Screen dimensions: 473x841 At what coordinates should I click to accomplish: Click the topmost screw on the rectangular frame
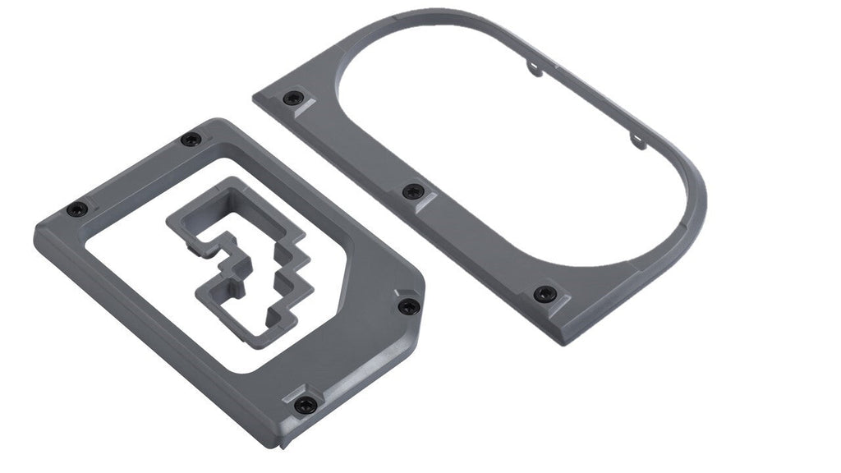point(191,140)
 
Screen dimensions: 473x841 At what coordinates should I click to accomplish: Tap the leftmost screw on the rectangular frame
point(76,209)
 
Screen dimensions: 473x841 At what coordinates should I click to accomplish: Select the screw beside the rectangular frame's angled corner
point(408,306)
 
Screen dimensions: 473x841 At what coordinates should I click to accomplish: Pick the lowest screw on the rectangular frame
point(305,404)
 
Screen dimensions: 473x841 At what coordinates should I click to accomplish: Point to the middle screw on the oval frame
point(412,192)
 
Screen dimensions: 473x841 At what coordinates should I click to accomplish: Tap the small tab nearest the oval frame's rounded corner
point(637,139)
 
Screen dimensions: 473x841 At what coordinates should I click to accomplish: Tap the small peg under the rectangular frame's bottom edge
point(284,444)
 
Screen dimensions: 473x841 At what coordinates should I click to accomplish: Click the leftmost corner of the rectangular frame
point(34,238)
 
